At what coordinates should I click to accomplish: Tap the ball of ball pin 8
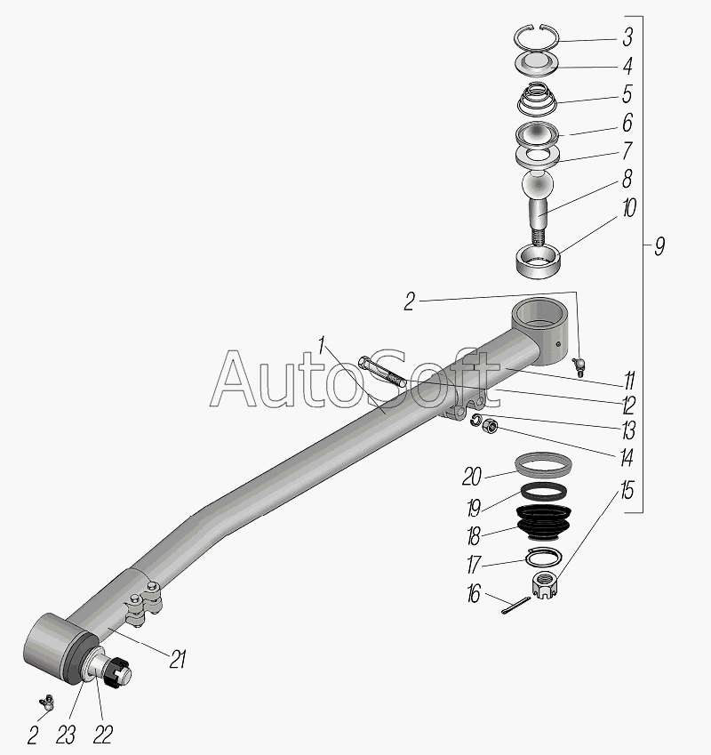pos(538,184)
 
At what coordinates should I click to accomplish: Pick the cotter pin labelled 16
pos(515,606)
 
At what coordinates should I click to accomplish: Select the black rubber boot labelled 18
pos(543,523)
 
